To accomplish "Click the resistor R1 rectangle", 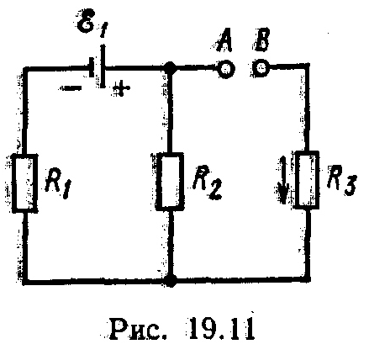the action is pyautogui.click(x=25, y=183).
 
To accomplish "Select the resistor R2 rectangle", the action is pyautogui.click(x=170, y=181).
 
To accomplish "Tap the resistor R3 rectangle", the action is pyautogui.click(x=308, y=179).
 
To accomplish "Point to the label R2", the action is pyautogui.click(x=207, y=183).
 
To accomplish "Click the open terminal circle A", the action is pyautogui.click(x=226, y=69).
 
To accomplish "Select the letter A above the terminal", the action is pyautogui.click(x=224, y=42).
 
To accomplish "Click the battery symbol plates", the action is pyautogui.click(x=98, y=66).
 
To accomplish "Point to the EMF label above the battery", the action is pyautogui.click(x=91, y=24).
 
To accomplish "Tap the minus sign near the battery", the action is pyautogui.click(x=70, y=88).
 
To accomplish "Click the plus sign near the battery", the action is pyautogui.click(x=121, y=88).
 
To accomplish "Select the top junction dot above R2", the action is pyautogui.click(x=169, y=68).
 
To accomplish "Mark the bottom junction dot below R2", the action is pyautogui.click(x=171, y=280).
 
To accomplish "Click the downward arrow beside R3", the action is pyautogui.click(x=284, y=180).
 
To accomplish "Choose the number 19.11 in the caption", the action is pyautogui.click(x=222, y=328).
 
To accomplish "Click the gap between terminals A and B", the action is pyautogui.click(x=244, y=68).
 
